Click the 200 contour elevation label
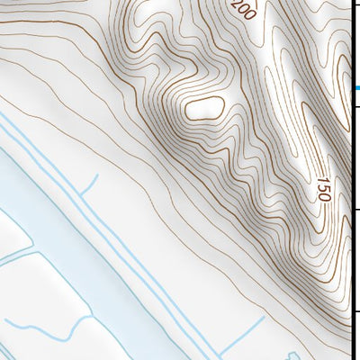[243, 10]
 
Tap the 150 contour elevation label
[323, 189]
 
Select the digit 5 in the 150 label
[323, 189]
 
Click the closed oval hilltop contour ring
[202, 107]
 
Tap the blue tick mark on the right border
[355, 87]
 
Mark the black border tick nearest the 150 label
[355, 210]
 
